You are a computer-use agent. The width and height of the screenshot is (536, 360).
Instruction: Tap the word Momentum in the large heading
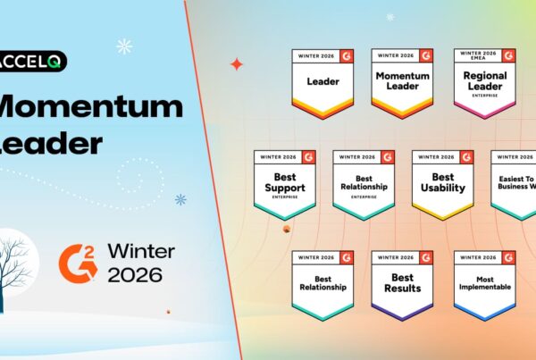click(x=89, y=108)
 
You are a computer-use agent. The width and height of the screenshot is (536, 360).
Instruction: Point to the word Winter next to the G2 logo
click(x=140, y=250)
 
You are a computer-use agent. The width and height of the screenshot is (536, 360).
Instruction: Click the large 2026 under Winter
click(x=135, y=274)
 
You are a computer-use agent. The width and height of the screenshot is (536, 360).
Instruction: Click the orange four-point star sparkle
click(x=236, y=64)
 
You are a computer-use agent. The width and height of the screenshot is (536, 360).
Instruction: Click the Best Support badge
click(x=283, y=184)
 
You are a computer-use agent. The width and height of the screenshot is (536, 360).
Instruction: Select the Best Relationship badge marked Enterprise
click(x=363, y=184)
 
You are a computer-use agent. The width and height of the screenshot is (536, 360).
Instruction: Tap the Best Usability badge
click(x=442, y=184)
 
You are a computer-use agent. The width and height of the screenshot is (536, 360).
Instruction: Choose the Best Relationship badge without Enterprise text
click(x=322, y=285)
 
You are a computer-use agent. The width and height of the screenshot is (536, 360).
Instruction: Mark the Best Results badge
click(x=402, y=285)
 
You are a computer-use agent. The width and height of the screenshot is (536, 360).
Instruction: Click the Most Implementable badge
click(x=484, y=285)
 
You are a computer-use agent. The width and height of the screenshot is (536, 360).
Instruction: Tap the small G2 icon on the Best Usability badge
click(x=466, y=156)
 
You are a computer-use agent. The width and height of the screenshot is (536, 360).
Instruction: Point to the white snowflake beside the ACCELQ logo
click(x=124, y=46)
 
